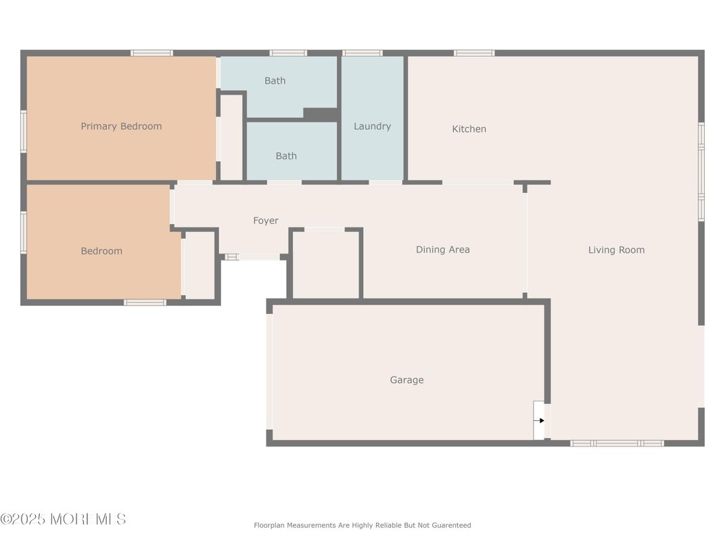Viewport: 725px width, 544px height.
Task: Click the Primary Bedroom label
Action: (x=121, y=127)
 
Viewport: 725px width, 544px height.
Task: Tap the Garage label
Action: (x=407, y=380)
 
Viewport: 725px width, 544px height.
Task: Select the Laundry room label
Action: (x=372, y=127)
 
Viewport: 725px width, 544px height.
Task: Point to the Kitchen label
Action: (x=469, y=129)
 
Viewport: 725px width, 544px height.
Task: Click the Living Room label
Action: (x=616, y=250)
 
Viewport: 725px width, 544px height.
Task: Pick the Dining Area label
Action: (x=443, y=250)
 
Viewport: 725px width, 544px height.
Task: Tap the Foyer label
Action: (x=266, y=221)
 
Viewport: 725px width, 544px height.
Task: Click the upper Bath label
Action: (x=275, y=81)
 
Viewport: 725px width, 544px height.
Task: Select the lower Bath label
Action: (x=286, y=156)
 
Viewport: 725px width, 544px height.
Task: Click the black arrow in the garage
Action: (x=540, y=420)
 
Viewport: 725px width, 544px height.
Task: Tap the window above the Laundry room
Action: (x=362, y=53)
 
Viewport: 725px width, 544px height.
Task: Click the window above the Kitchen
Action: (x=474, y=53)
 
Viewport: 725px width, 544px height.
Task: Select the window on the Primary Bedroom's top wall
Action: (x=151, y=53)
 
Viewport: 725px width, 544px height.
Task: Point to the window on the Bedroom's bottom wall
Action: (x=145, y=302)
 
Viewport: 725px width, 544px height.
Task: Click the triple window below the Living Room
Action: (x=617, y=443)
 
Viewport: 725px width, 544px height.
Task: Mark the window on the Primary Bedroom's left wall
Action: (x=24, y=131)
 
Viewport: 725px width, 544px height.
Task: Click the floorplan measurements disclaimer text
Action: (x=362, y=525)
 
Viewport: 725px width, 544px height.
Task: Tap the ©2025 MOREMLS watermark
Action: (x=64, y=519)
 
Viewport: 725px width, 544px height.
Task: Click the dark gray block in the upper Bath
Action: (x=320, y=114)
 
